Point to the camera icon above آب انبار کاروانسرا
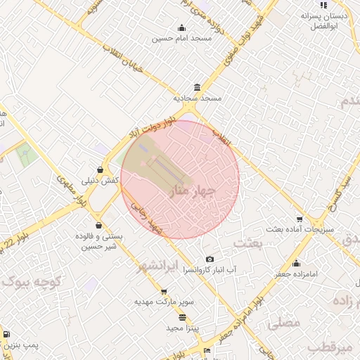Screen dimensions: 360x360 (x=209, y=259)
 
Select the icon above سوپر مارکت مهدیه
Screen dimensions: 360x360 (x=164, y=291)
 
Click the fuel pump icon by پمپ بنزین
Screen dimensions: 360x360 (x=6, y=335)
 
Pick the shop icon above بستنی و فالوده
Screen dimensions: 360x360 (x=98, y=226)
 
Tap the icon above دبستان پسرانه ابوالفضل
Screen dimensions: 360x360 (x=323, y=5)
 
